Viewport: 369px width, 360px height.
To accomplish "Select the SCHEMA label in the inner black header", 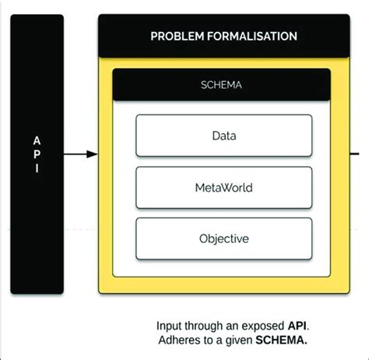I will click(223, 86).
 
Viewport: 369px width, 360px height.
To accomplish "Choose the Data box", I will click(223, 136).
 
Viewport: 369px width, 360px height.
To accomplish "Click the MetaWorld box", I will click(223, 187).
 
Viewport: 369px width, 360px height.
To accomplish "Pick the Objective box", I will click(223, 238).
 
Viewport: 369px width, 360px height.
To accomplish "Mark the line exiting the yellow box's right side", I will click(359, 155).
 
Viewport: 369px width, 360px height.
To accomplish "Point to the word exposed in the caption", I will click(265, 325).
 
